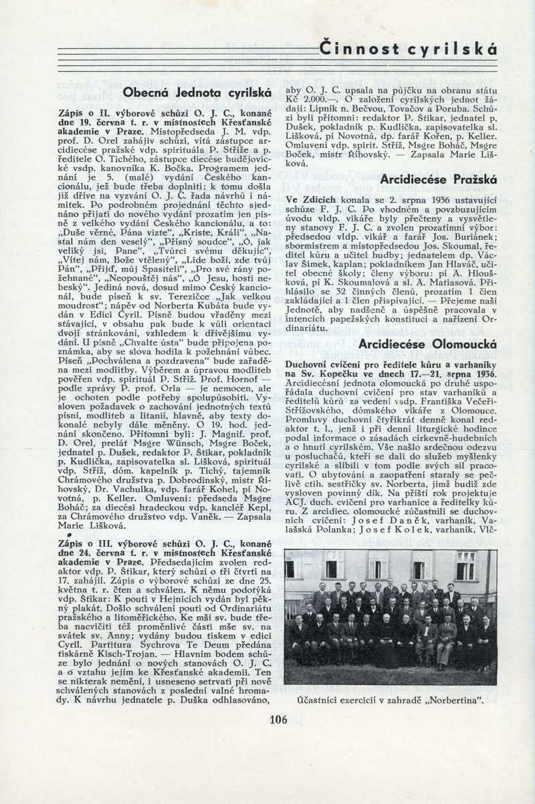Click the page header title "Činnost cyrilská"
click(408, 49)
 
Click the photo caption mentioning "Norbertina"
click(391, 701)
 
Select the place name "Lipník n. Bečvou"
click(336, 108)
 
